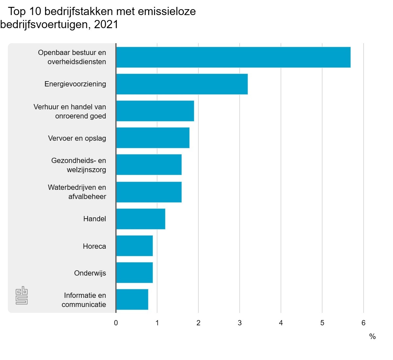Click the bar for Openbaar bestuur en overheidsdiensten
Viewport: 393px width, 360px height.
[x=233, y=57]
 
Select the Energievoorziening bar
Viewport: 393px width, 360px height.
[x=182, y=84]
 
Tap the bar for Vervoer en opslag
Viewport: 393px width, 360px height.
[x=153, y=138]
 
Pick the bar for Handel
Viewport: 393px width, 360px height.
[x=140, y=219]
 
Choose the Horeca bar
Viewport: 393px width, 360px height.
[x=134, y=246]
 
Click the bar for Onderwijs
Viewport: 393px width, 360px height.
[x=134, y=273]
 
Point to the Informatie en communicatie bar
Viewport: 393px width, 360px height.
[x=132, y=299]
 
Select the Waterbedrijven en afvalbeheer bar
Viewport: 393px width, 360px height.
[x=149, y=192]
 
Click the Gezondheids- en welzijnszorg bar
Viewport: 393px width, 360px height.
[x=149, y=165]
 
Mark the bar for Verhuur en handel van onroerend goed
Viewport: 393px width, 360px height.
[x=155, y=111]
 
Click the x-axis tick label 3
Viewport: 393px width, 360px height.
[x=240, y=323]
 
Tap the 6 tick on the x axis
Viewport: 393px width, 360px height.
[x=364, y=323]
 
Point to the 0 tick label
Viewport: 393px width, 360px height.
[x=116, y=323]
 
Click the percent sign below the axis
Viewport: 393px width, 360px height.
[x=372, y=337]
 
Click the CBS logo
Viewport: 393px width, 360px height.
[x=22, y=296]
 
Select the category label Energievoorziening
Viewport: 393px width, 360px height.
[x=75, y=84]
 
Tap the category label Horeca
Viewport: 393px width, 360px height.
[x=94, y=246]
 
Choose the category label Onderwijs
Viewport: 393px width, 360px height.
[x=90, y=273]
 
